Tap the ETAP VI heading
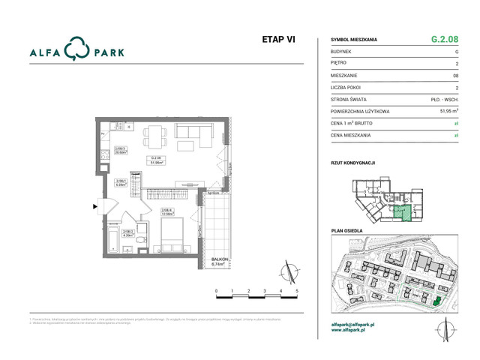point(277,40)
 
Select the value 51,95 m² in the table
point(447,111)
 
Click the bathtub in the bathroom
point(110,240)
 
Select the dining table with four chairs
point(155,136)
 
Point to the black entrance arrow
point(94,204)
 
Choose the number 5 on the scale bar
point(298,289)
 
